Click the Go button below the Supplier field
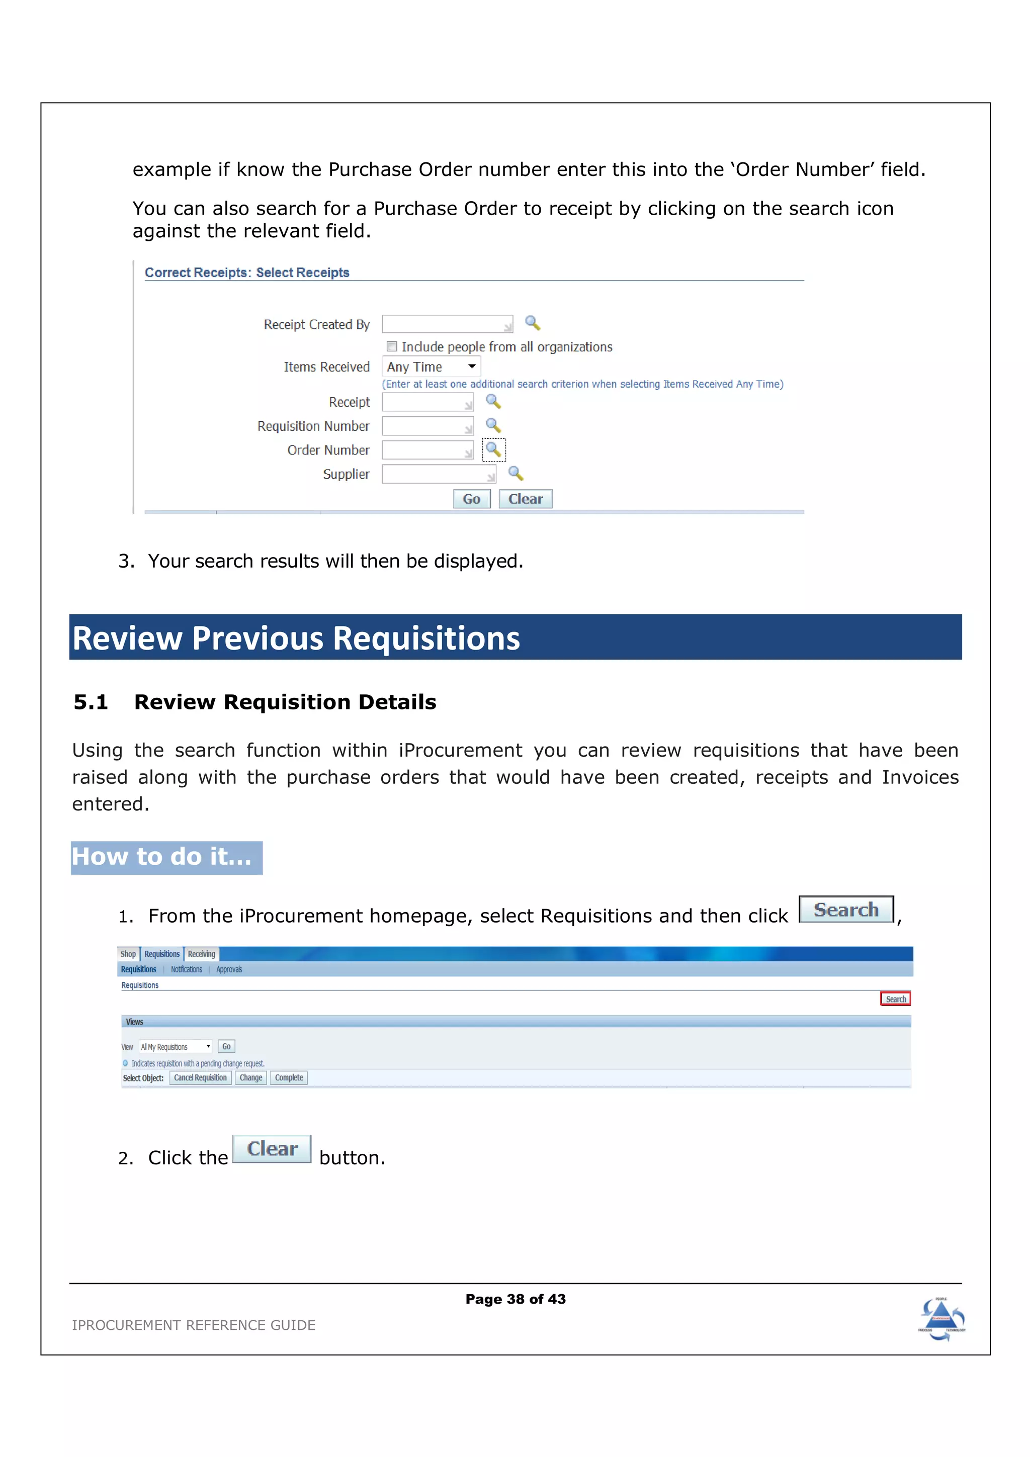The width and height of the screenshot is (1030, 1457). coord(472,499)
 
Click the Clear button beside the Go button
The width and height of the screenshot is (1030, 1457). coord(525,499)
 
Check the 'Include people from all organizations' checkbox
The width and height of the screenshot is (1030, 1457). coord(392,346)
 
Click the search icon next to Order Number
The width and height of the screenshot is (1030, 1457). coord(493,449)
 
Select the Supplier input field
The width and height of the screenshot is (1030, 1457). coord(439,474)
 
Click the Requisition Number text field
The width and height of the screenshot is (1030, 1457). coord(427,426)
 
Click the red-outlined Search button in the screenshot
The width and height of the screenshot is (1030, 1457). coord(895,999)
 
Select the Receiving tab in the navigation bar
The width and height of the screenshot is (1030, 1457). coord(201,954)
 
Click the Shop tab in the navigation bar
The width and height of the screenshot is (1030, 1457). coord(128,954)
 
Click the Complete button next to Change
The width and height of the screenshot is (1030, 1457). coord(289,1077)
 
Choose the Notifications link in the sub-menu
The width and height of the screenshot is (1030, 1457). coord(186,969)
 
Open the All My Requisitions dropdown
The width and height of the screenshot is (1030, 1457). coord(176,1046)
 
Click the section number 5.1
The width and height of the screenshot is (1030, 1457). coord(91,702)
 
